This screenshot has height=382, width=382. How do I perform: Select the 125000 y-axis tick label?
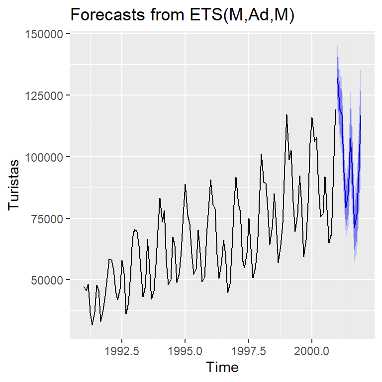pyautogui.click(x=46, y=95)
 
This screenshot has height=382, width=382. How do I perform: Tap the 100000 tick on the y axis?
pyautogui.click(x=46, y=157)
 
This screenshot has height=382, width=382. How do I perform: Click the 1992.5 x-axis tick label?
pyautogui.click(x=121, y=351)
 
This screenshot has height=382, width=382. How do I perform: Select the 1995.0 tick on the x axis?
pyautogui.click(x=185, y=351)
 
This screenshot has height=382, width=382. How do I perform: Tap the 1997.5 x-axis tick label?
pyautogui.click(x=248, y=351)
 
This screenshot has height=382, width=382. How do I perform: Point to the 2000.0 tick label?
pyautogui.click(x=312, y=351)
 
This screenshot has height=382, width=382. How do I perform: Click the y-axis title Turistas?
pyautogui.click(x=15, y=186)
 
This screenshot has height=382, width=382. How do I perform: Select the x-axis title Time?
pyautogui.click(x=222, y=368)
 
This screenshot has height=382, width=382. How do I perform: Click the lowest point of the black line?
pyautogui.click(x=92, y=325)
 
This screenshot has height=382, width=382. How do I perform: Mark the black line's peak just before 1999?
pyautogui.click(x=286, y=115)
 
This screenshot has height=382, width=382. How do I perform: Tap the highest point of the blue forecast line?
pyautogui.click(x=337, y=78)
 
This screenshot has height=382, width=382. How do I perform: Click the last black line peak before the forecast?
pyautogui.click(x=335, y=109)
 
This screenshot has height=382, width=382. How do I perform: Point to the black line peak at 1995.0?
pyautogui.click(x=185, y=185)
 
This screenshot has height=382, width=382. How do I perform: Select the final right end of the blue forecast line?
pyautogui.click(x=361, y=116)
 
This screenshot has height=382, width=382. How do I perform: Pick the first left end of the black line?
pyautogui.click(x=84, y=287)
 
